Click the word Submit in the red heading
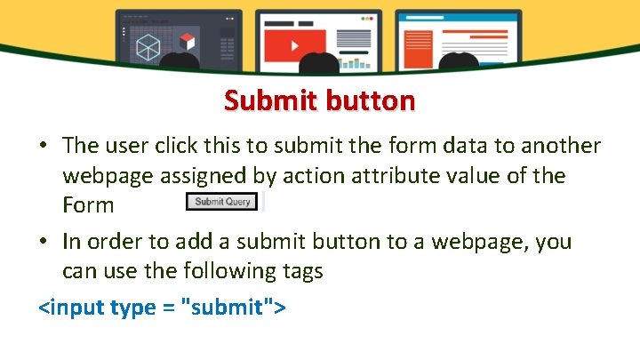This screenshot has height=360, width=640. click(264, 101)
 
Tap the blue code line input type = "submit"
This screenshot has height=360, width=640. click(162, 308)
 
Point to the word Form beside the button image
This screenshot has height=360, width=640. click(88, 205)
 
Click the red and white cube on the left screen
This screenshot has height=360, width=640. click(187, 41)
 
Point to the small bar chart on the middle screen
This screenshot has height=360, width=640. click(357, 61)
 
